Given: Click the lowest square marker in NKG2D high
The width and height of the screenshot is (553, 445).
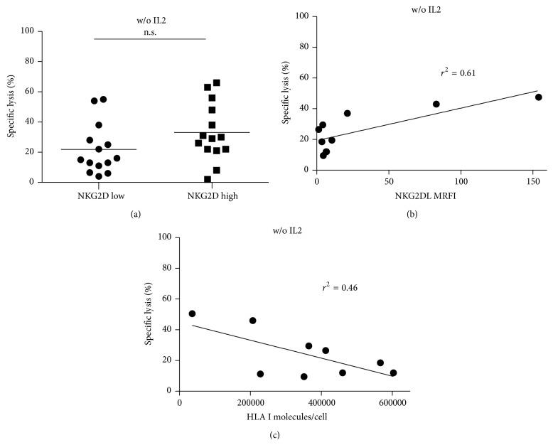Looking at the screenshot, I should pyautogui.click(x=208, y=180).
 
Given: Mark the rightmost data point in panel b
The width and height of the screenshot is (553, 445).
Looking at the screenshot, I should pyautogui.click(x=539, y=97).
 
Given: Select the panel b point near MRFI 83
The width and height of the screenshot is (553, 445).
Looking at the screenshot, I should pyautogui.click(x=436, y=104).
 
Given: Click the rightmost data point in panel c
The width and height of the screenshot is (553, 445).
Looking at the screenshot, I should pyautogui.click(x=393, y=372).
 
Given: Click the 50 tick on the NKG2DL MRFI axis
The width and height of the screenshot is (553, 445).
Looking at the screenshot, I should pyautogui.click(x=389, y=181).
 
